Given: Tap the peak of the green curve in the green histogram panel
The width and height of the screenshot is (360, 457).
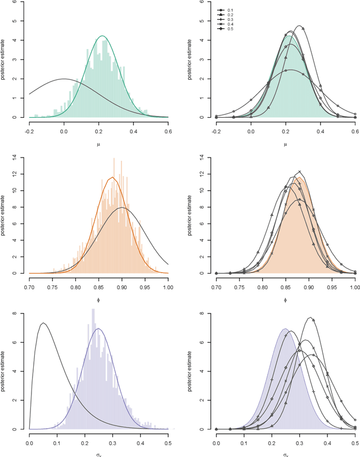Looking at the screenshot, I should coord(102,36).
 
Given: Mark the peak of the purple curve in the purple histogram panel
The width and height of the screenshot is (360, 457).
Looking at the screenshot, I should coord(98,329).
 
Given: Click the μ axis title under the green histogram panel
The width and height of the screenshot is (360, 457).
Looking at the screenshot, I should coord(98,144).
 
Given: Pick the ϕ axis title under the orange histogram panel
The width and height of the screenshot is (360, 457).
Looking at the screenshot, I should coord(98,300).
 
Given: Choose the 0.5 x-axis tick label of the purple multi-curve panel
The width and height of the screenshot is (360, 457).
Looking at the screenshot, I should coord(355,443).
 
